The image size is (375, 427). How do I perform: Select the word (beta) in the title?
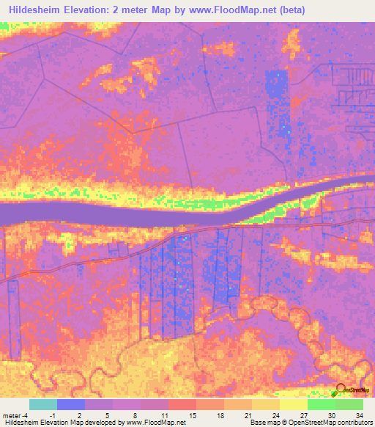289,10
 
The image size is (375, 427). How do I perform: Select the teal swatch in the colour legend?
43,404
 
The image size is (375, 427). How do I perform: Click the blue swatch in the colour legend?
71,404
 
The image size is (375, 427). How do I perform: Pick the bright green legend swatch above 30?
322,404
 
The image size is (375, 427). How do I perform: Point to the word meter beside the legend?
12,415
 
